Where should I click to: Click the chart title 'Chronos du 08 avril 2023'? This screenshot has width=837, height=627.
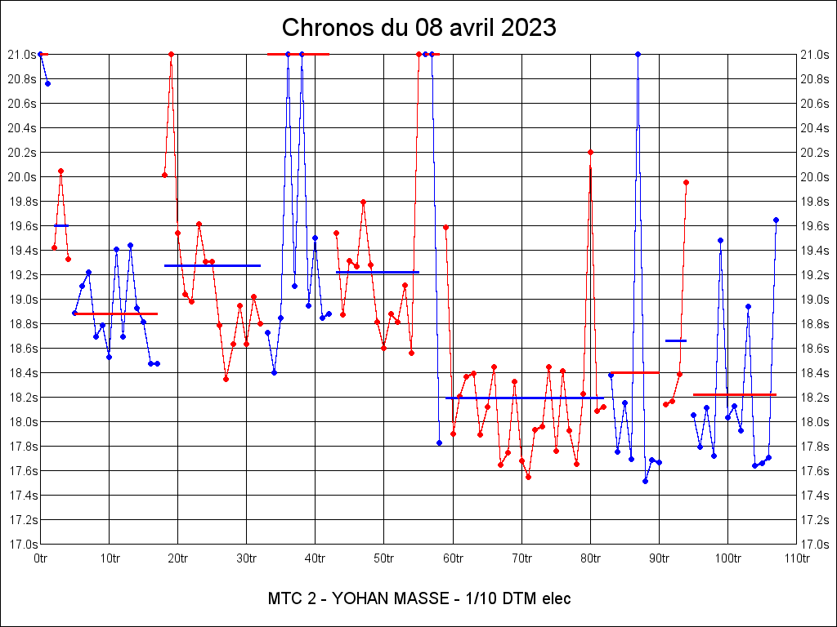click(418, 28)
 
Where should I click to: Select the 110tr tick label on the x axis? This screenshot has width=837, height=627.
click(797, 558)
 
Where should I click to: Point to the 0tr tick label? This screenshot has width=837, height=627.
click(40, 558)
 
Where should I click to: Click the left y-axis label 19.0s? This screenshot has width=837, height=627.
click(21, 299)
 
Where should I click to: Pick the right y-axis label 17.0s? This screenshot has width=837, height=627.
click(817, 544)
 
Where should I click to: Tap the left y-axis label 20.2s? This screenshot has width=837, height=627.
click(21, 152)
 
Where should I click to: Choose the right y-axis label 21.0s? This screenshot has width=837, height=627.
click(817, 54)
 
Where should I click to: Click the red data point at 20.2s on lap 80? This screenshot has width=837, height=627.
click(590, 152)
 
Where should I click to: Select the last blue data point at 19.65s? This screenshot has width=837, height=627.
click(776, 220)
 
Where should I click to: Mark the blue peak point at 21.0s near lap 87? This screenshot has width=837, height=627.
click(638, 54)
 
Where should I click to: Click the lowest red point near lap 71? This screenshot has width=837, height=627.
click(528, 477)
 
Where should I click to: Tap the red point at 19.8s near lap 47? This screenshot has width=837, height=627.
click(363, 202)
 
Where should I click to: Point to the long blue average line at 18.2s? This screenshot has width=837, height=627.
click(524, 398)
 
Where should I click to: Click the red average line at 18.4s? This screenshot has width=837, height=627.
click(634, 372)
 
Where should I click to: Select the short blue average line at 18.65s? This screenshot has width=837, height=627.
click(676, 340)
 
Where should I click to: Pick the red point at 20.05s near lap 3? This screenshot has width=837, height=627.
click(60, 171)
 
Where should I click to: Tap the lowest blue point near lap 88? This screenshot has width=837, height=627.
click(645, 481)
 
